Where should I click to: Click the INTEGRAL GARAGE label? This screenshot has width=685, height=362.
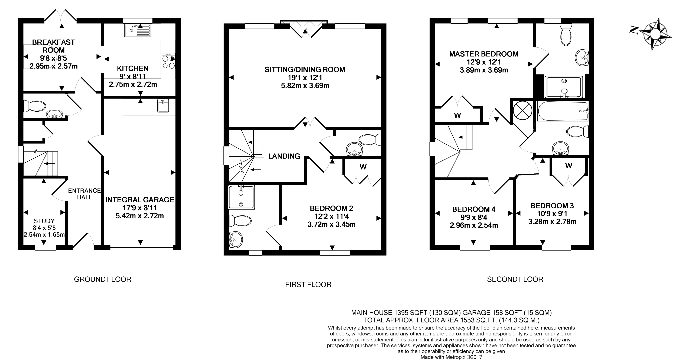pos(140,200)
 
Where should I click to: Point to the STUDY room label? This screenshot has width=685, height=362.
pos(44,221)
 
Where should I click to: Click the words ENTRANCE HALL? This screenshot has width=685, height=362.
pos(84,194)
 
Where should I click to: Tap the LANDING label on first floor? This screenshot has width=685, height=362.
pos(284,156)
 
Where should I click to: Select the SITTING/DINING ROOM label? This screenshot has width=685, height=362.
pos(305,70)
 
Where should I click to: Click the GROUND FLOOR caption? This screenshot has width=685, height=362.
pos(103,279)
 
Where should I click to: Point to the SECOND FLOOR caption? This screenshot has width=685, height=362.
pos(515,279)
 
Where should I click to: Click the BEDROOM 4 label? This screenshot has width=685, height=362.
pos(474,209)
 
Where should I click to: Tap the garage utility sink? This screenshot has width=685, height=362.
pos(163,106)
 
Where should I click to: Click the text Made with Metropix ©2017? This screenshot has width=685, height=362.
pos(451,357)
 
